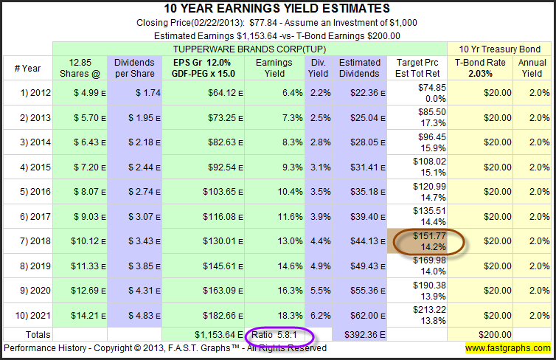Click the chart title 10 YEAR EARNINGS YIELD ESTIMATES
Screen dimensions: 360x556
[278, 8]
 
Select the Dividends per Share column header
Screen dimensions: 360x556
[133, 69]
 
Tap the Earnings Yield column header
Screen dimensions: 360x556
[274, 69]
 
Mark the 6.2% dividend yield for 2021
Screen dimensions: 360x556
[319, 315]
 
